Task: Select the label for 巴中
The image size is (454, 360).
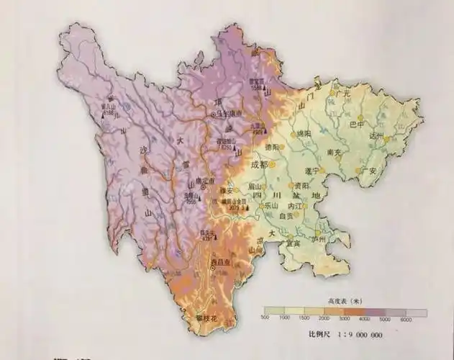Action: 356,124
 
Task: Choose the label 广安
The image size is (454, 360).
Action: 369,171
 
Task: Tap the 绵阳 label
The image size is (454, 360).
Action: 302,134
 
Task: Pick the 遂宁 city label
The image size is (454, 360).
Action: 312,171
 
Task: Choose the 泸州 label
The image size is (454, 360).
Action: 318,238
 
